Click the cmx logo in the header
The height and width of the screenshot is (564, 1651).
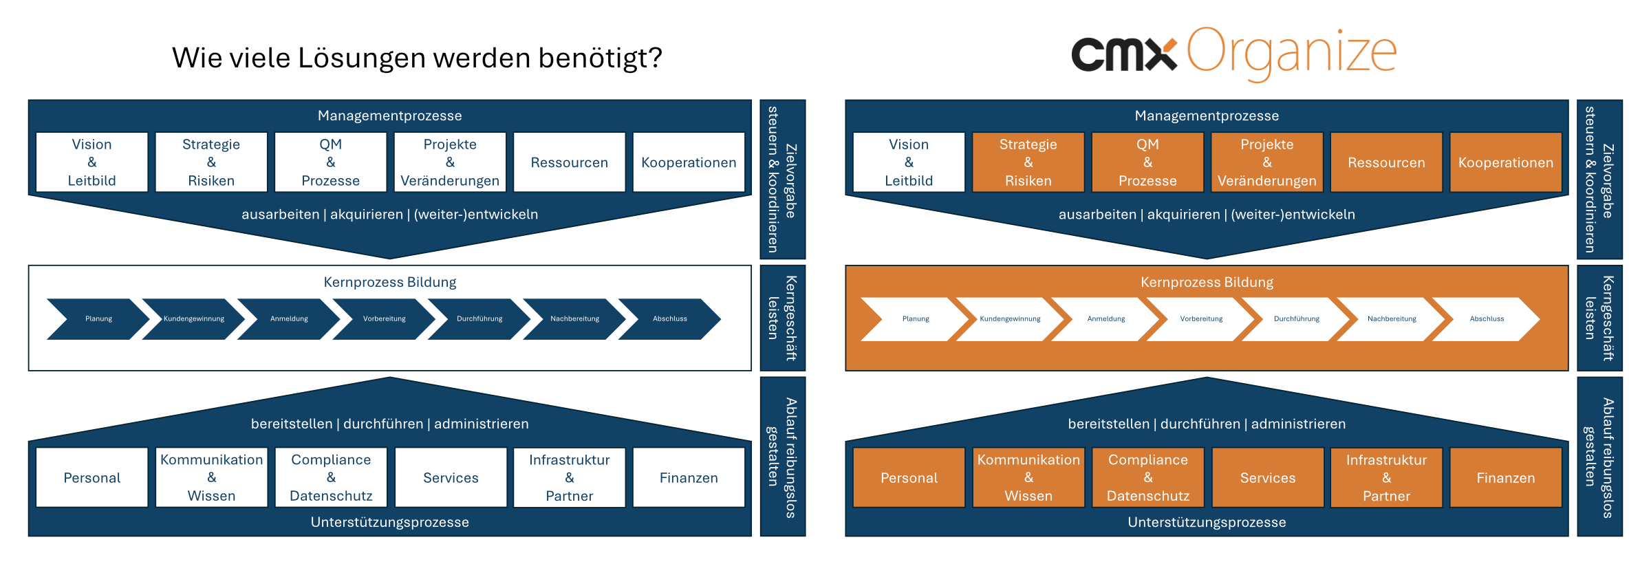click(x=1124, y=54)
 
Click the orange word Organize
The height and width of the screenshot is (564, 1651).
click(x=1292, y=52)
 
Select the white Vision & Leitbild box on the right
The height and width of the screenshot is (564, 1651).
click(x=909, y=162)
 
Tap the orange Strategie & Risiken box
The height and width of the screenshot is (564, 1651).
click(x=1028, y=162)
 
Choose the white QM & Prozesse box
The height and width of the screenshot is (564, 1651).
click(x=331, y=162)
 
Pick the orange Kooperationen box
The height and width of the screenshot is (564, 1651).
click(x=1506, y=162)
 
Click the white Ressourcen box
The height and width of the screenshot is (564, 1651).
click(x=570, y=162)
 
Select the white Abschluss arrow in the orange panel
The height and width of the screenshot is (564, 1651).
click(x=1487, y=319)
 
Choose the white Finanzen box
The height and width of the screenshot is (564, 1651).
click(x=689, y=477)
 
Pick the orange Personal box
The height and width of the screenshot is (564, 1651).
click(x=909, y=477)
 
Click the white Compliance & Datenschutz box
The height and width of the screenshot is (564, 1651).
click(x=331, y=477)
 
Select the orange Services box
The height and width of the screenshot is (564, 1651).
click(x=1268, y=477)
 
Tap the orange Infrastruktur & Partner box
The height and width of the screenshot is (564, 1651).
click(x=1386, y=477)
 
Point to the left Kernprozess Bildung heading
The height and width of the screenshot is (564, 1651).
click(x=390, y=282)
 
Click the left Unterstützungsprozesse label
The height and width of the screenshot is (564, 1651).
click(x=390, y=522)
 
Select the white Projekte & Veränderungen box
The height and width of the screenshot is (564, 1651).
click(x=450, y=162)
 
